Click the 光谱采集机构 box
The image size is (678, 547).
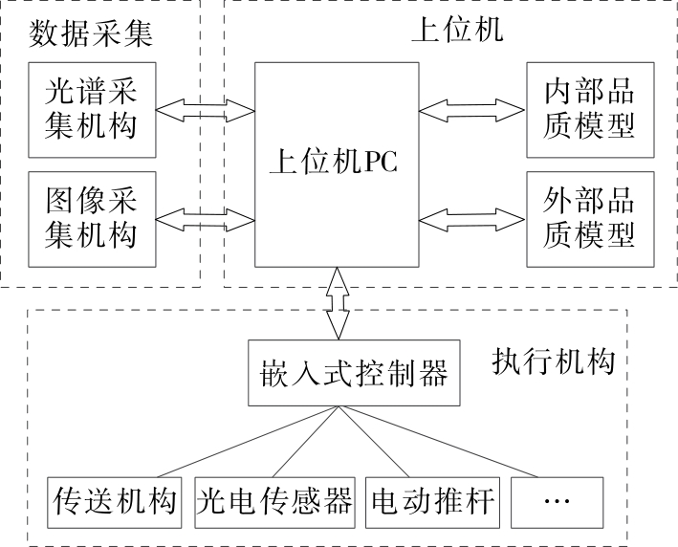click(x=93, y=109)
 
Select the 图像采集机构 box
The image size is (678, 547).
click(x=93, y=219)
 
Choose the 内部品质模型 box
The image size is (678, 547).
click(x=577, y=109)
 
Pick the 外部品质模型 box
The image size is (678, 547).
click(x=577, y=219)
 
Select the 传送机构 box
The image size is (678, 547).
click(x=115, y=501)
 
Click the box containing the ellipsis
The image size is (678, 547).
click(x=558, y=501)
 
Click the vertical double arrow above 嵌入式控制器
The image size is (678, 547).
click(x=336, y=303)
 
